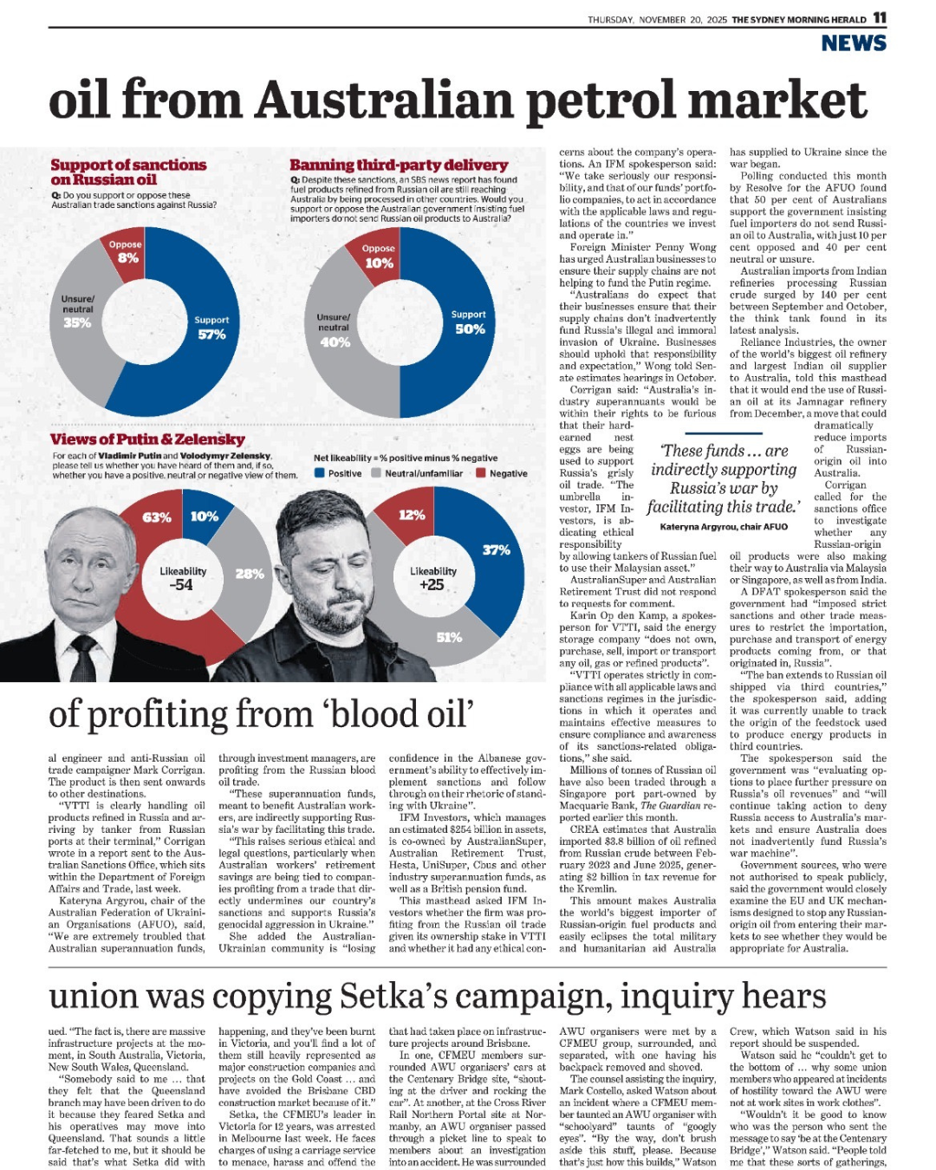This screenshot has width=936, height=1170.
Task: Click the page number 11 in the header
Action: (x=880, y=18)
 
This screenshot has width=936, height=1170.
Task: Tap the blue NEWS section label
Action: (x=854, y=43)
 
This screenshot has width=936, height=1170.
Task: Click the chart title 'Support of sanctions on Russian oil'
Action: (x=127, y=172)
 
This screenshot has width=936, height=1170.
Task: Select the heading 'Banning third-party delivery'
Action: (x=399, y=165)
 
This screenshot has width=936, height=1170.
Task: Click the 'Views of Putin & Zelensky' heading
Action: (x=147, y=439)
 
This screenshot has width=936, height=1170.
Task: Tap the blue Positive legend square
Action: (x=319, y=473)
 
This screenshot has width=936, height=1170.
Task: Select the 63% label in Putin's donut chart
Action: (x=156, y=517)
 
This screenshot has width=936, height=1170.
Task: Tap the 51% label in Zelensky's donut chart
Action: (x=449, y=637)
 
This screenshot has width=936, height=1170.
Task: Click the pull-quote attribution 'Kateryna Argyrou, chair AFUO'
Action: (x=724, y=526)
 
